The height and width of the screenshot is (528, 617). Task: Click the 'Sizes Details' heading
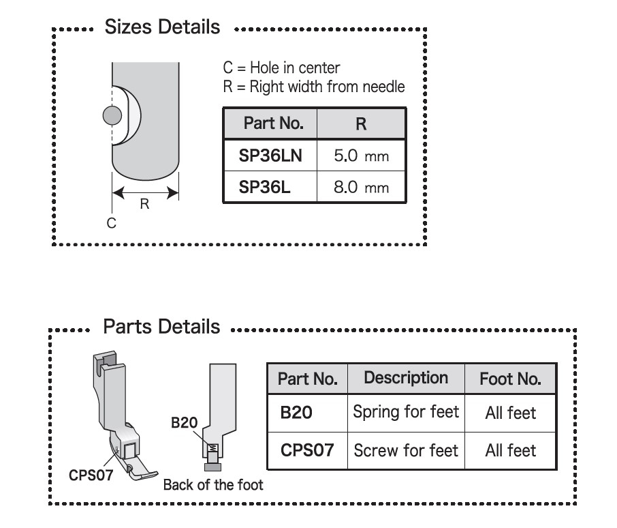162,27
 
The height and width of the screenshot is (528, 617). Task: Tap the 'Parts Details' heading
161,327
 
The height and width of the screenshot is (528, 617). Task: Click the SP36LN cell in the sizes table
270,156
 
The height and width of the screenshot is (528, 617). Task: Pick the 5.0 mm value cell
361,156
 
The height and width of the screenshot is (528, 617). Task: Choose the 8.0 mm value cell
361,187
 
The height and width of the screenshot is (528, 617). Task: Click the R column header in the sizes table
361,123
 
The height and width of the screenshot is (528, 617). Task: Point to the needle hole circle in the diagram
112,115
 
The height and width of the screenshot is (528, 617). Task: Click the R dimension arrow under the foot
145,192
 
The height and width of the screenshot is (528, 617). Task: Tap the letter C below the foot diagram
112,223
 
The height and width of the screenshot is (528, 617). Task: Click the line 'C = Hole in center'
281,68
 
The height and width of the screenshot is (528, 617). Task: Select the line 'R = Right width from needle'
314,87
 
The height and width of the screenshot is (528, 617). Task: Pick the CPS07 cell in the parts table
307,450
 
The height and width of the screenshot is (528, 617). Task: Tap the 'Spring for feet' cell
406,412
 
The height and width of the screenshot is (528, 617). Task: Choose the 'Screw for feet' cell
406,450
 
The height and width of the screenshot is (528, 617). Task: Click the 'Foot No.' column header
510,379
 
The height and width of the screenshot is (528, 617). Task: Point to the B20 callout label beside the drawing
184,423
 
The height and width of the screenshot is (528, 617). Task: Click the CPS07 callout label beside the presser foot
91,475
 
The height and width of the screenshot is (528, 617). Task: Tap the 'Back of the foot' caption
213,484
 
